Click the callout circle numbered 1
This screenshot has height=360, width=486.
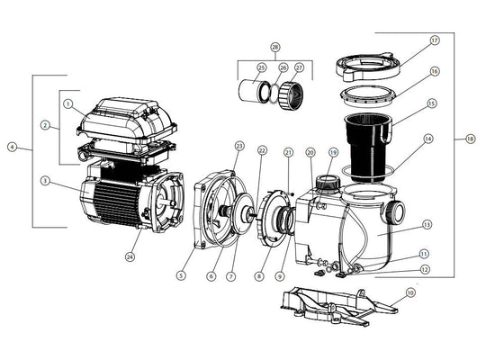click(68, 103)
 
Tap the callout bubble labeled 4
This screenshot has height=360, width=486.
click(12, 147)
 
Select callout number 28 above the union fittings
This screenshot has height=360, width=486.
click(274, 46)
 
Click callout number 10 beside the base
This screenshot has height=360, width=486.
click(410, 293)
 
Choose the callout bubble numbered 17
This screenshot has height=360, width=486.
click(434, 40)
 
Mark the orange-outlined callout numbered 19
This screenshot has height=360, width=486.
click(333, 153)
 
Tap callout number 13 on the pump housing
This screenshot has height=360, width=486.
click(427, 225)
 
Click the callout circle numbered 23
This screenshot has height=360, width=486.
click(239, 145)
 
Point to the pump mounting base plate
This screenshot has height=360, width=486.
click(328, 306)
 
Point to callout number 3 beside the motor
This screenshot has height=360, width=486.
click(44, 181)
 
